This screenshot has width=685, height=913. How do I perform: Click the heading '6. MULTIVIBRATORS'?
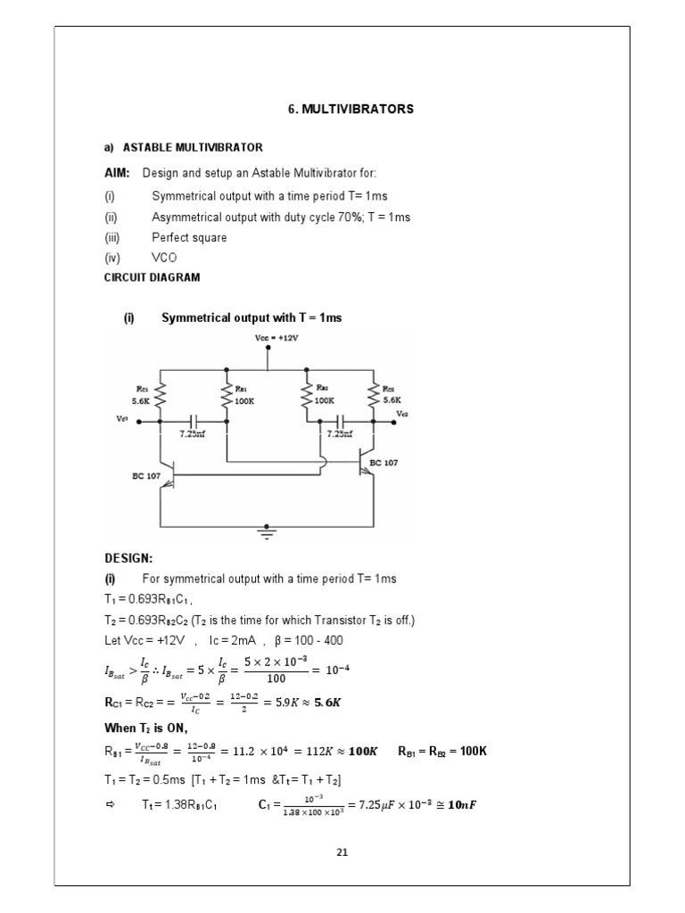(x=351, y=109)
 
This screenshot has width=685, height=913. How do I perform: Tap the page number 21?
(x=342, y=852)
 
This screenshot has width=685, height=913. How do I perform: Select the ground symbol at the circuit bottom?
(x=265, y=532)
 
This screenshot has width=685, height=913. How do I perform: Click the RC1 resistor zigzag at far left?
(x=161, y=394)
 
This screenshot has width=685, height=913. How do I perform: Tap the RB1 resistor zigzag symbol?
(x=227, y=394)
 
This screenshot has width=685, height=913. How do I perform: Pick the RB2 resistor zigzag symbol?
(x=306, y=394)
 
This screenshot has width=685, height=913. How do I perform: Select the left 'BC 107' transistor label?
(x=147, y=476)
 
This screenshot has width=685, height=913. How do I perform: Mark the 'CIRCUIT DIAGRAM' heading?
(x=153, y=277)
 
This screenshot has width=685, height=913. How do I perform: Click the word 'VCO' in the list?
(x=165, y=258)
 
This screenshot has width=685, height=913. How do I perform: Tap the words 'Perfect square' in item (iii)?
(x=189, y=238)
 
